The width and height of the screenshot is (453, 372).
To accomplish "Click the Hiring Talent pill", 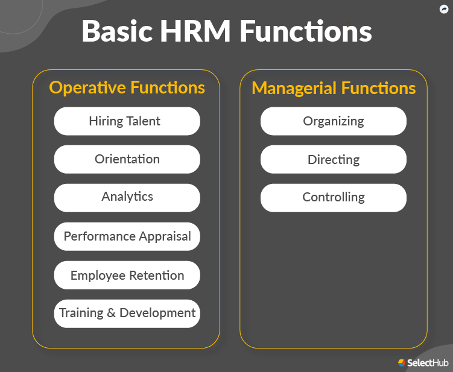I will [127, 121].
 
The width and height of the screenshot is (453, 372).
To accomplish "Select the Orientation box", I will [127, 159].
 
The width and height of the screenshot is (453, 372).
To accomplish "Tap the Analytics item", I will [127, 197].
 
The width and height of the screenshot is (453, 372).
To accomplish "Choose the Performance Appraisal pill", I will [127, 236].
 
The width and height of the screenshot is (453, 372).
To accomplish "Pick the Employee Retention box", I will [127, 276].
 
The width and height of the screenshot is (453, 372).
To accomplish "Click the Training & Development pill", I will [127, 314].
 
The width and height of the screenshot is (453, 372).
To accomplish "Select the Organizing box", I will [333, 121].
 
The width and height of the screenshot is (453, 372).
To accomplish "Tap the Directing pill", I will [333, 160].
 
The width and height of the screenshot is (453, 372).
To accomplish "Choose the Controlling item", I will [333, 197].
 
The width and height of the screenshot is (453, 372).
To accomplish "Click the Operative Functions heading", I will [127, 88].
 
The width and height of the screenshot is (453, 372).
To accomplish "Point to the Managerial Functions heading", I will [334, 89].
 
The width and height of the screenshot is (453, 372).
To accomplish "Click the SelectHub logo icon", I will [401, 363].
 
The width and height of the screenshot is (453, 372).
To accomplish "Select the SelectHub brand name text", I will [428, 363].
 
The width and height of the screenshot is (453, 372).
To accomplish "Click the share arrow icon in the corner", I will [444, 9].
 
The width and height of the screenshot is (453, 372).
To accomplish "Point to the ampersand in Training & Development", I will [111, 314].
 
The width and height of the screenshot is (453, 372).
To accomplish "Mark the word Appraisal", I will [164, 236].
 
